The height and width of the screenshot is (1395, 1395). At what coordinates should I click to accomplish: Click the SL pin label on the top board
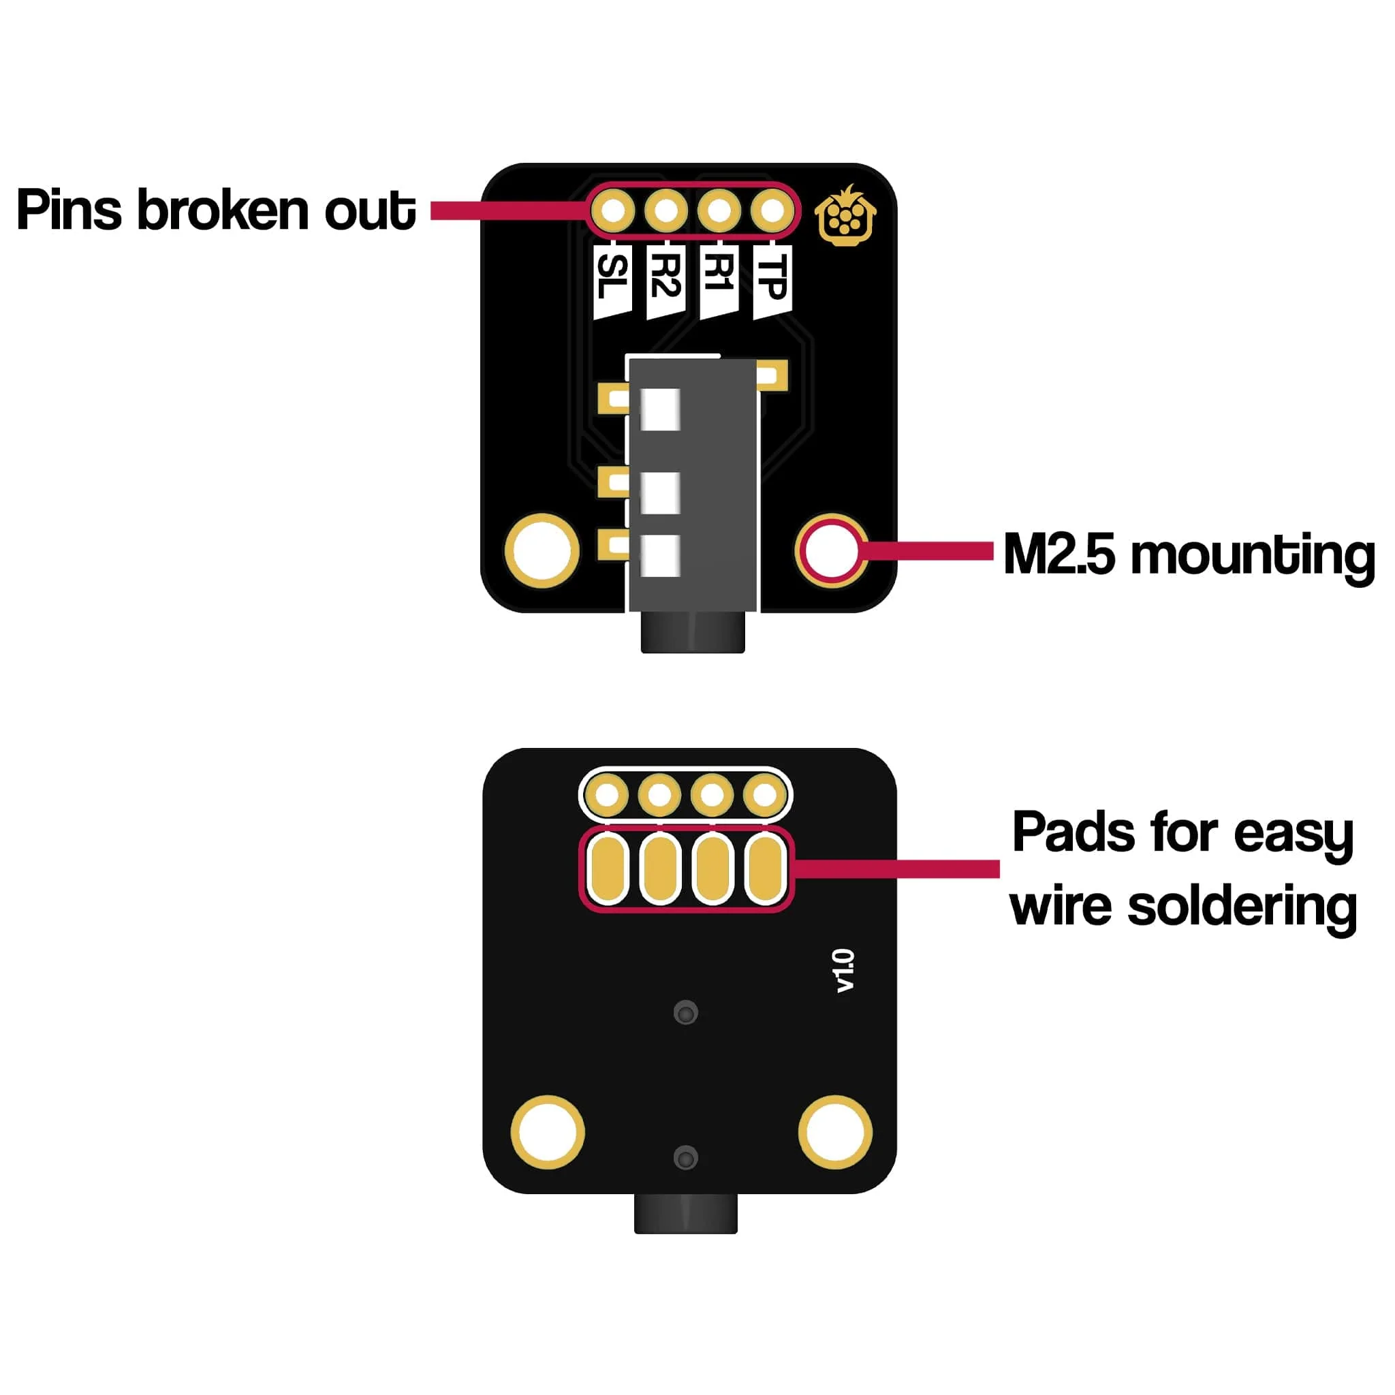[612, 281]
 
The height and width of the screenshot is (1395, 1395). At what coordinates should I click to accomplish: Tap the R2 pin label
[665, 281]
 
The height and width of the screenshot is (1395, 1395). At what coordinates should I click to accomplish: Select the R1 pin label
[719, 281]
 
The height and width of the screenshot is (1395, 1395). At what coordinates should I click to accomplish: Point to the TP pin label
[772, 281]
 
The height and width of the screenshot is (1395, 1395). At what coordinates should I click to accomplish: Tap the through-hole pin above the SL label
[613, 211]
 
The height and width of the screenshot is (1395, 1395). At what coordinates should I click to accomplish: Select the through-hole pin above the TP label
[772, 211]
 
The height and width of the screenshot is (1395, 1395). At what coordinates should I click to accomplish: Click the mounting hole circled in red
[831, 551]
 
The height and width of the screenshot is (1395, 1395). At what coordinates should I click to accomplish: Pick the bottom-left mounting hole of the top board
[541, 551]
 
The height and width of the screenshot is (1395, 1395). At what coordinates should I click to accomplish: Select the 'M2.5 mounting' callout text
[1189, 554]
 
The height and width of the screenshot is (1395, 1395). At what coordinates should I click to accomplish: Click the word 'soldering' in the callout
[1241, 907]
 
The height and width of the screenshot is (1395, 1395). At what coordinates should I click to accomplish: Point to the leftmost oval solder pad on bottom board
[608, 868]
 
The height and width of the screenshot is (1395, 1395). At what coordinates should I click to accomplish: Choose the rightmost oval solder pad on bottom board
[766, 868]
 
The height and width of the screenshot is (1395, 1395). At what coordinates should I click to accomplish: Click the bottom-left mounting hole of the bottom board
[548, 1132]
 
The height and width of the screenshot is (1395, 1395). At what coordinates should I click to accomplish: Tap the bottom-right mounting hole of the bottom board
[835, 1132]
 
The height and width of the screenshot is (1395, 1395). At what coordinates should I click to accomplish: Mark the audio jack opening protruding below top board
[693, 633]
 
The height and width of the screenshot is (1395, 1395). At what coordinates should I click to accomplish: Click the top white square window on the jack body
[660, 409]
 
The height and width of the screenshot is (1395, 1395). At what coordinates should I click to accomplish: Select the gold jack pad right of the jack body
[772, 375]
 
